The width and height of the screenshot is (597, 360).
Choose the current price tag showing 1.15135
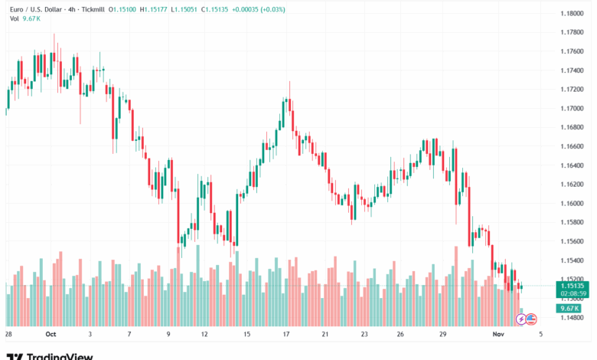pyautogui.click(x=573, y=286)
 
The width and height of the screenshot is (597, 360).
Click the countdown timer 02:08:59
pyautogui.click(x=573, y=293)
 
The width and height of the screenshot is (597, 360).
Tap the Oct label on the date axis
pyautogui.click(x=51, y=335)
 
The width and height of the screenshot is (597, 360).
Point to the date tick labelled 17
pyautogui.click(x=285, y=335)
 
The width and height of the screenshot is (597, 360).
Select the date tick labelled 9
pyautogui.click(x=168, y=335)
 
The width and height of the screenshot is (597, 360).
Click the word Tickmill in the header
pyautogui.click(x=93, y=10)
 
